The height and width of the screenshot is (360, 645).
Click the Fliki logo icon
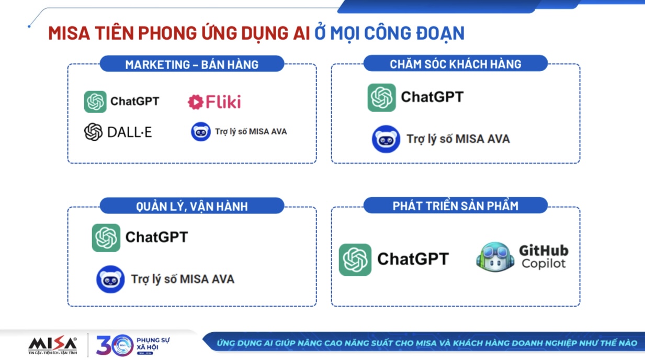point(196,102)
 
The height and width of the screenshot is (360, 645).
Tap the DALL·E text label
point(129,132)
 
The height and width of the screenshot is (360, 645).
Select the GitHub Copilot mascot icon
point(495,257)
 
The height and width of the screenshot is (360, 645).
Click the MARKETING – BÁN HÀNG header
point(192,64)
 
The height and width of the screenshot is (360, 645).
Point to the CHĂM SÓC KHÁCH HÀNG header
point(455,64)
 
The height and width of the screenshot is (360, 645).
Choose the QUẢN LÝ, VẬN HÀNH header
point(192,206)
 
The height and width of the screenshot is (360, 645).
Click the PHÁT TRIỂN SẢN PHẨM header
point(455,206)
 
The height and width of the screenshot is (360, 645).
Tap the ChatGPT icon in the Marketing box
point(95,102)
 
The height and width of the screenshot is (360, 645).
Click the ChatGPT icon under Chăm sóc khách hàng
point(381,98)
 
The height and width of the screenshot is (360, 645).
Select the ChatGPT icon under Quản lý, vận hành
point(106,238)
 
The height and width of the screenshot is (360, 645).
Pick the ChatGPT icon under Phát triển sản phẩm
point(355,260)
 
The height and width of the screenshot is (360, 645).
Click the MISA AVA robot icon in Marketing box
point(201,132)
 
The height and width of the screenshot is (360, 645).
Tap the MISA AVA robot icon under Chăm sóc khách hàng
point(386,139)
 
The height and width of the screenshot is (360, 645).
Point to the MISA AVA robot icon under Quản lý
point(110,279)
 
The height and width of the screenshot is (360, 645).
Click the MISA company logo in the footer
point(53,345)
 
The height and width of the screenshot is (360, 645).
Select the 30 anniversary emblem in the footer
point(115,345)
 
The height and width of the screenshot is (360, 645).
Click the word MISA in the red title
point(69,33)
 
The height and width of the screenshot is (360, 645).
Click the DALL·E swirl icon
point(93,132)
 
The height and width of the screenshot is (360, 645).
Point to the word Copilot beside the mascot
point(544,264)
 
